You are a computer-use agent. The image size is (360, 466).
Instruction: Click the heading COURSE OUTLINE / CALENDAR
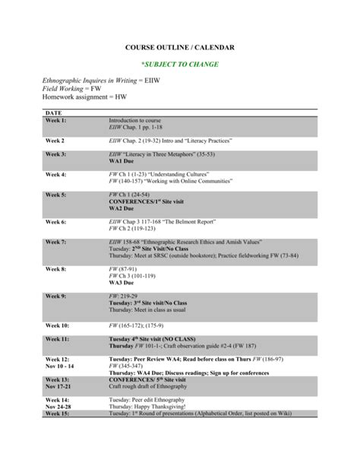[179, 48]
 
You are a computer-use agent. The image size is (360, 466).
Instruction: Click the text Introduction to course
[136, 120]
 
